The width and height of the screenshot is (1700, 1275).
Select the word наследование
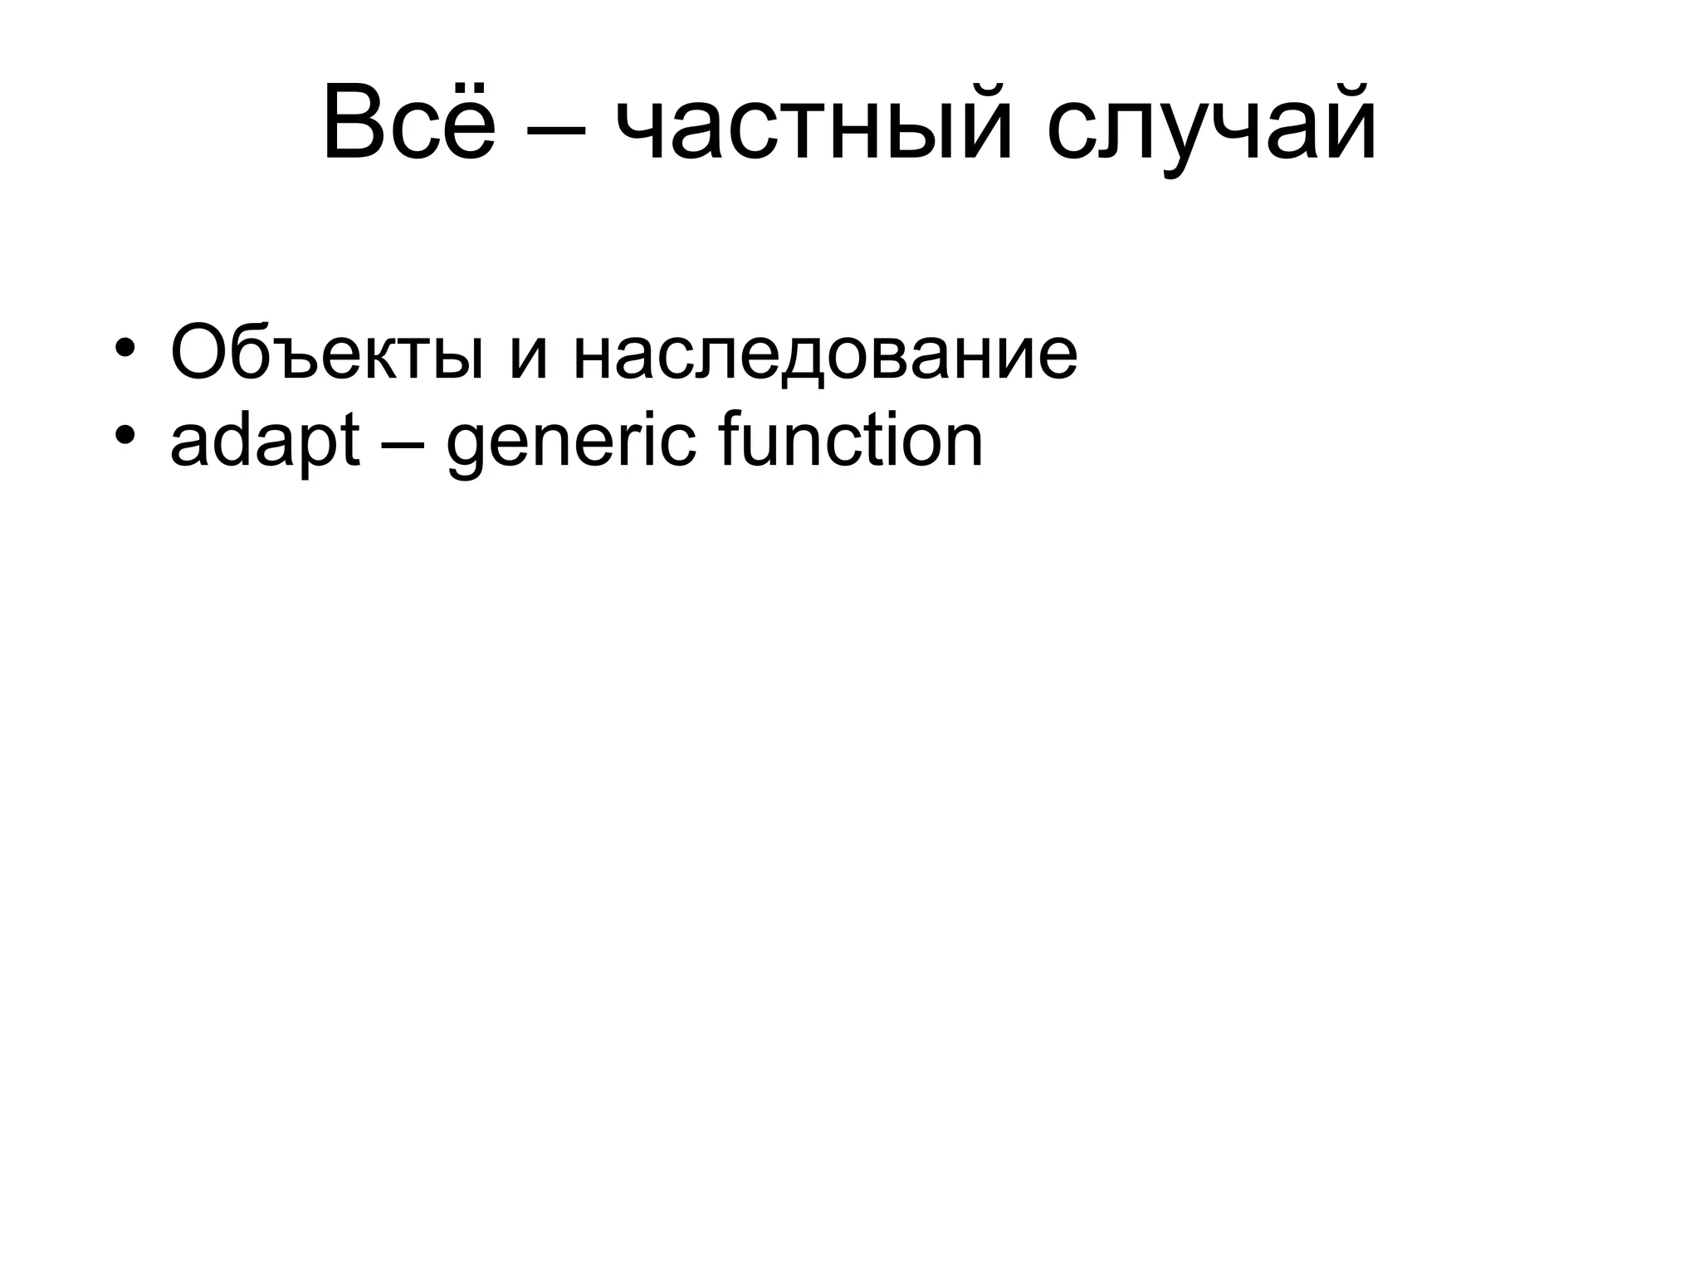tap(824, 356)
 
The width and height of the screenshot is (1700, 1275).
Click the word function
tap(850, 441)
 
